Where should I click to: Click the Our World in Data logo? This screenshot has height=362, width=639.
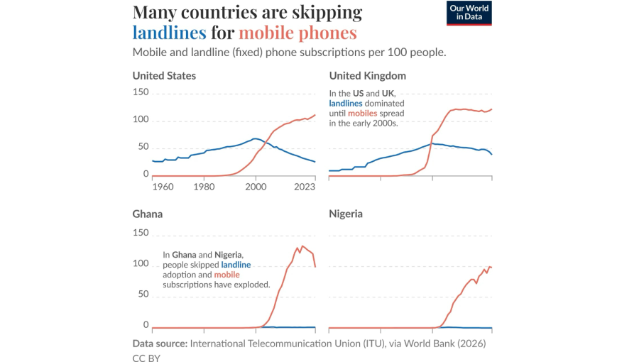click(x=469, y=13)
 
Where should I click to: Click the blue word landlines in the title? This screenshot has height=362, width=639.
click(x=169, y=33)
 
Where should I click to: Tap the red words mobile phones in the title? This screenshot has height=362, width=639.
click(x=297, y=33)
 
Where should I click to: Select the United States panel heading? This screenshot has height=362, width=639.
click(x=164, y=76)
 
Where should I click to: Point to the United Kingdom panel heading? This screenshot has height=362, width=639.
click(x=367, y=76)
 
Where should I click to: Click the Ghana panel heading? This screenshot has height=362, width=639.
click(x=148, y=214)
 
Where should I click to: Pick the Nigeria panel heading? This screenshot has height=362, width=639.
click(x=346, y=214)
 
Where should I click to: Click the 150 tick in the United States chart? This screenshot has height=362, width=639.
click(x=141, y=93)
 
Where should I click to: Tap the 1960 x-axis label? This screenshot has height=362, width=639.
click(x=163, y=187)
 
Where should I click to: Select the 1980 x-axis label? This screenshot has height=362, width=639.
click(x=204, y=187)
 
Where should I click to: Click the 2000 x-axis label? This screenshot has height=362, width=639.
click(x=255, y=187)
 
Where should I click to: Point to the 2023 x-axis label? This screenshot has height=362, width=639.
click(x=304, y=187)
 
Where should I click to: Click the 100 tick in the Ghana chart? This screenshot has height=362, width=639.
click(x=141, y=264)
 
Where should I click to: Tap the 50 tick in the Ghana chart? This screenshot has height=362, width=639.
click(x=143, y=295)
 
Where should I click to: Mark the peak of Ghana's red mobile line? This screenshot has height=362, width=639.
click(x=303, y=246)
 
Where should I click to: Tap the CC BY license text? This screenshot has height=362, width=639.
click(x=147, y=358)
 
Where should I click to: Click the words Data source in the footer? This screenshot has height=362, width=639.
click(x=160, y=344)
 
